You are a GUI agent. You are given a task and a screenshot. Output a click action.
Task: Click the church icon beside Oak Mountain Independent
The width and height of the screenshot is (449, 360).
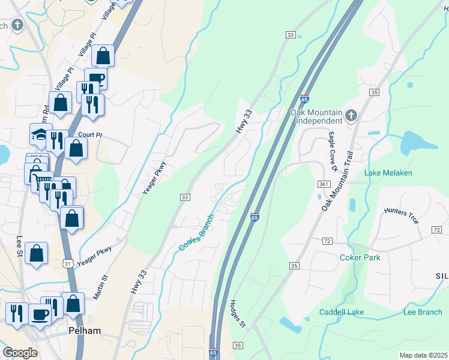pos(351,116)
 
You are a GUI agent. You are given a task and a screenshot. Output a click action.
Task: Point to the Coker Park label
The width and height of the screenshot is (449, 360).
pos(360,257)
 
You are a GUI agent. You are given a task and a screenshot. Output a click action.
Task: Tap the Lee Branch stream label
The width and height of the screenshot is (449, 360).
pos(422,312)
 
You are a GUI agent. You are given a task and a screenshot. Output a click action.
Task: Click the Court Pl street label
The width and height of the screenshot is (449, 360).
pos(90,135)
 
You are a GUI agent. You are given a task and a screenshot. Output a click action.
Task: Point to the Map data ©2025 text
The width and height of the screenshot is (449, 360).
pos(423,355)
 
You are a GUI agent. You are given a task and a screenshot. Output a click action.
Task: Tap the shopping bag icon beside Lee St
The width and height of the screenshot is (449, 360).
pos(37,254)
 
